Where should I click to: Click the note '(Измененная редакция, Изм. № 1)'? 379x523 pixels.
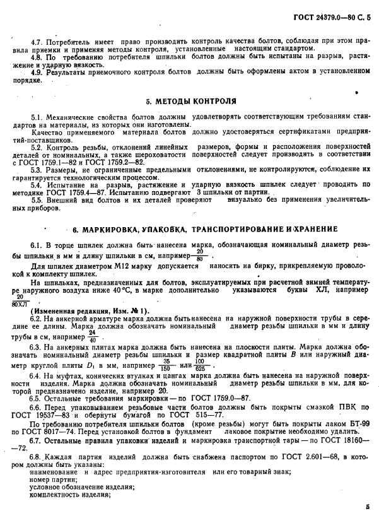pyautogui.click(x=90, y=310)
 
